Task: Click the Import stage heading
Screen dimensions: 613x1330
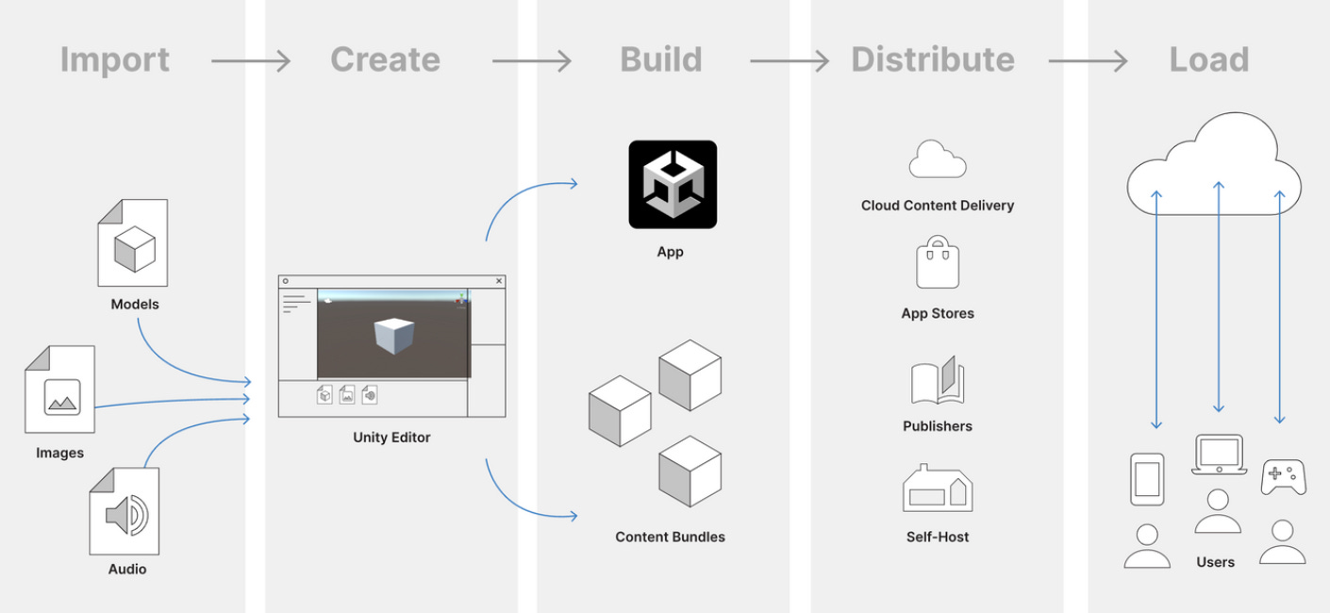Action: point(114,59)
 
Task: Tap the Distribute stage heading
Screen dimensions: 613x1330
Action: point(932,59)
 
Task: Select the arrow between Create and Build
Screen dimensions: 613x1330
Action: point(531,61)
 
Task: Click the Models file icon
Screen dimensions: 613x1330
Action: point(133,243)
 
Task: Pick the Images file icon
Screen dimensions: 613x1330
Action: point(60,389)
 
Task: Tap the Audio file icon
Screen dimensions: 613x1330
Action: point(125,510)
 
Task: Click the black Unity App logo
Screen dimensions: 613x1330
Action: point(673,184)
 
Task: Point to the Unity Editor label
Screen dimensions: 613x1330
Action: point(391,438)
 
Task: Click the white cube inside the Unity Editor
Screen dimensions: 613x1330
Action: point(393,336)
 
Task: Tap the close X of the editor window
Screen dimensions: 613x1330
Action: point(499,281)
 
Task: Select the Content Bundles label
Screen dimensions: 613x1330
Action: point(670,537)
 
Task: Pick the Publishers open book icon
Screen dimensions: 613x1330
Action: point(938,382)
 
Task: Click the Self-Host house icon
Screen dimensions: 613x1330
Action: point(938,489)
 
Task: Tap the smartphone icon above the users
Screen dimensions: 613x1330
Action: point(1147,479)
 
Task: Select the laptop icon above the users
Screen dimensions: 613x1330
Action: point(1218,454)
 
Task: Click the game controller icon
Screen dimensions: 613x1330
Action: point(1283,477)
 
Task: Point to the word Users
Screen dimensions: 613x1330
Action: point(1215,562)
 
